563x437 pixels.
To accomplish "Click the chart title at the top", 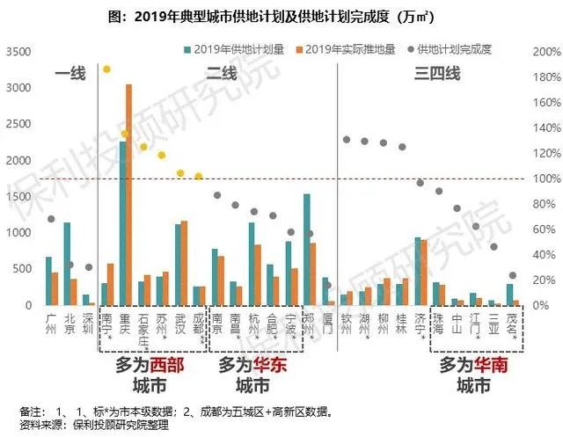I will coord(281,15).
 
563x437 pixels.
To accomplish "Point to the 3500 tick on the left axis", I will coord(18,52).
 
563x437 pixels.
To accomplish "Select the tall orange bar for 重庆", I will coord(129,195).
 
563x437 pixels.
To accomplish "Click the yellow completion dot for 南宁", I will coord(106,69).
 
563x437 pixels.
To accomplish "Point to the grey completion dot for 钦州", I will coord(347,140).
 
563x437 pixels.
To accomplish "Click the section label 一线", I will coord(69,75).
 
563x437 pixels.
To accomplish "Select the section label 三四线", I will coord(436,75).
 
